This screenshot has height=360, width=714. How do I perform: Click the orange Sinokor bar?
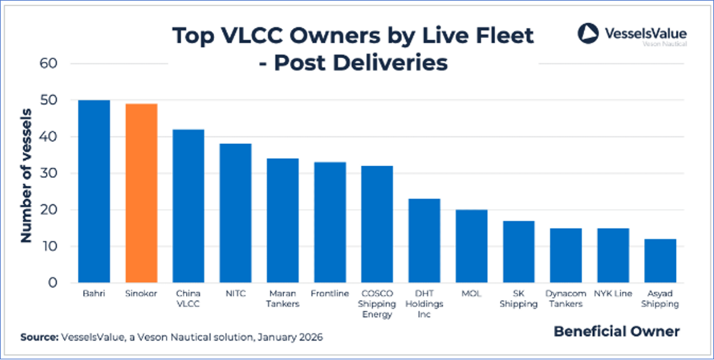(141, 193)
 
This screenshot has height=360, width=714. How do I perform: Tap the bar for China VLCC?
(189, 206)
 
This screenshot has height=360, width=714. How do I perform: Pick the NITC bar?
(236, 213)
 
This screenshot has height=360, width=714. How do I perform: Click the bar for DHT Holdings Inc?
(424, 241)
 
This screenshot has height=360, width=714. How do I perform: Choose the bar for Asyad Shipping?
(660, 261)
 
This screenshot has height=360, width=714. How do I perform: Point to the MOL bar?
(471, 246)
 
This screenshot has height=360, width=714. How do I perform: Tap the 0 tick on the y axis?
(55, 283)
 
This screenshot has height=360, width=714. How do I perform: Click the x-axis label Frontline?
(329, 293)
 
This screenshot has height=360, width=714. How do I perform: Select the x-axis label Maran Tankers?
(283, 298)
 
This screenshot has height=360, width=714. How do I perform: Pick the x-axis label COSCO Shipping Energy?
(377, 303)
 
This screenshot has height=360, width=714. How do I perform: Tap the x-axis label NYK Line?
(613, 293)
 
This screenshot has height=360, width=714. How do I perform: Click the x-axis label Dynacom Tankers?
(565, 298)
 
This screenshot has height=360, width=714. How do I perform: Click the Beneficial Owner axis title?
(617, 331)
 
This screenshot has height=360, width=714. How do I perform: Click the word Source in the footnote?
(39, 337)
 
